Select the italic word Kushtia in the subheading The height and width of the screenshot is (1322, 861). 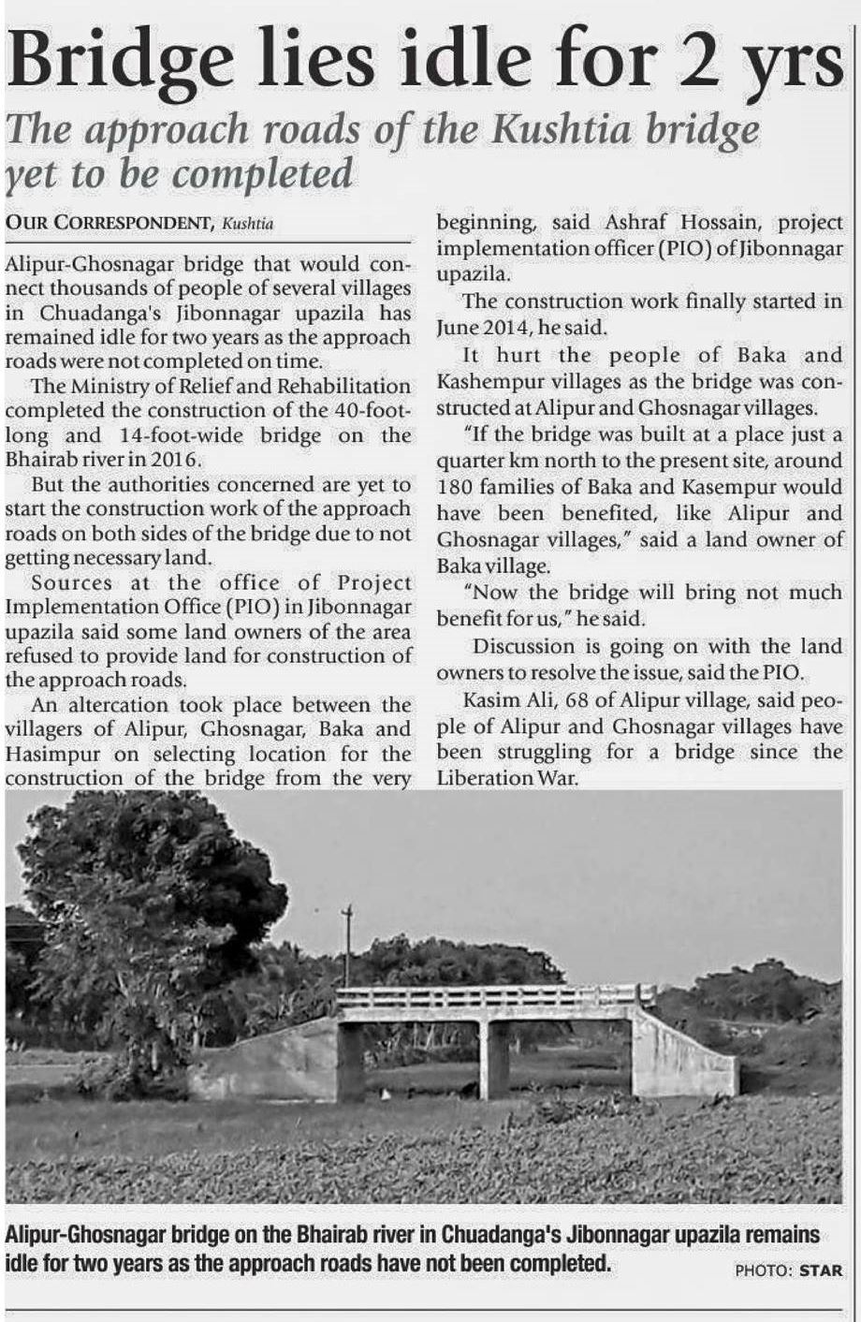562,128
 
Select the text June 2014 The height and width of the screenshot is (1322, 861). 478,328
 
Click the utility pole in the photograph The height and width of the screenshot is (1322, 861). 347,946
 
